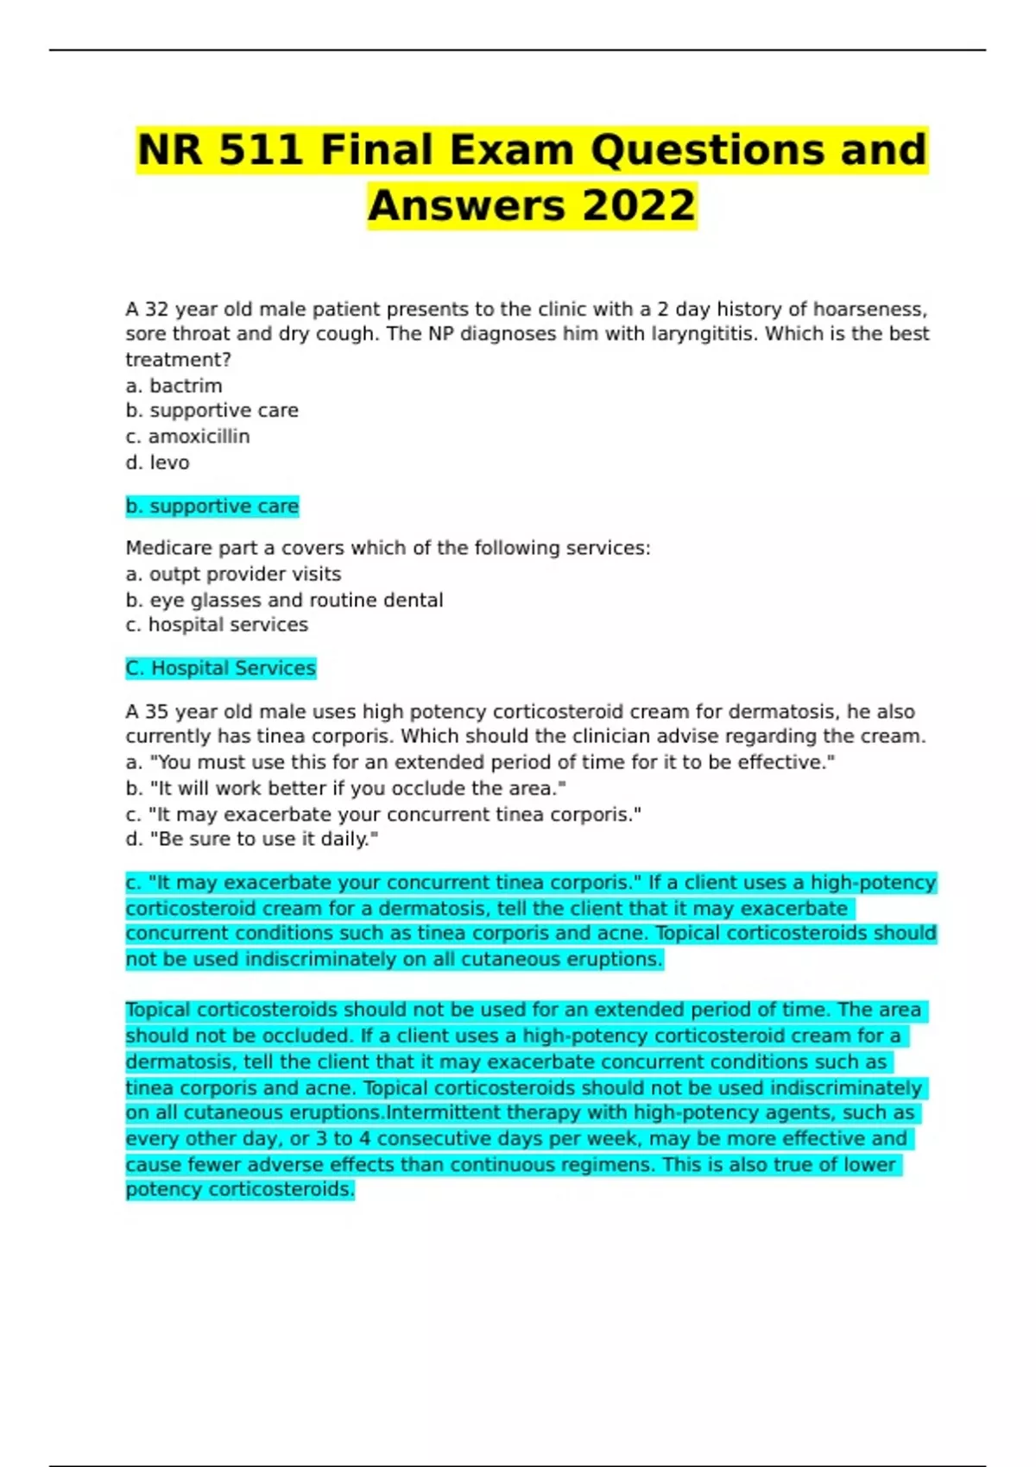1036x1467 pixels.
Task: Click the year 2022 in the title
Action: click(639, 205)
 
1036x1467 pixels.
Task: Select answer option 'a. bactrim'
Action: click(174, 386)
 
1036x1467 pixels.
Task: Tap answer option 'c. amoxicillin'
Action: click(187, 437)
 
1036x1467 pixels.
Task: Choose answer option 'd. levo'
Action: click(157, 463)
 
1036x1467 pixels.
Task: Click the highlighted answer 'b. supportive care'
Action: click(212, 506)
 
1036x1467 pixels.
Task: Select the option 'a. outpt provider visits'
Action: click(233, 574)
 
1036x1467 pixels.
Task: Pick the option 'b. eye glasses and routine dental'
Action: click(284, 600)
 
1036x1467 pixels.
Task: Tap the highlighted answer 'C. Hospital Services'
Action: click(220, 668)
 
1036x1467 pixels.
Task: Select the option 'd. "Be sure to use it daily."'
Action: click(251, 839)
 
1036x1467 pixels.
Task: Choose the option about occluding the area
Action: click(345, 788)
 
